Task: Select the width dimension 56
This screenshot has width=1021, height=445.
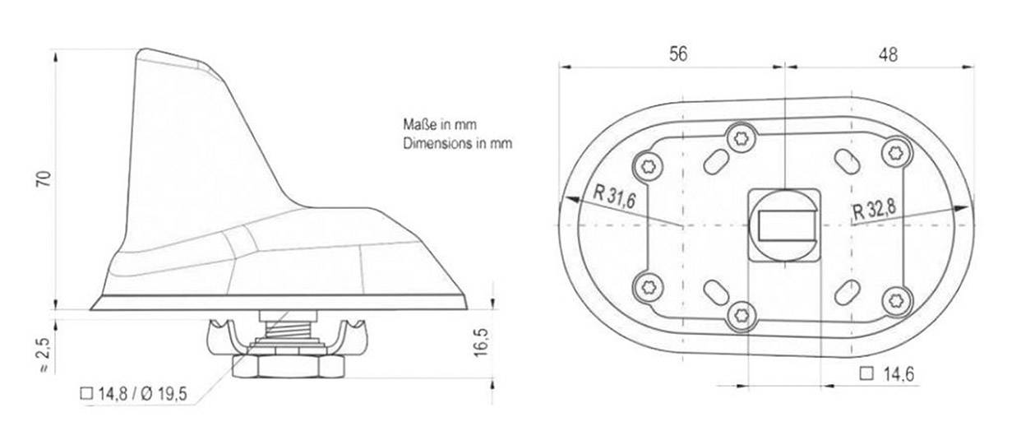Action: (x=678, y=54)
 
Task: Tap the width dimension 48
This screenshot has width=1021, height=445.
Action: (x=888, y=54)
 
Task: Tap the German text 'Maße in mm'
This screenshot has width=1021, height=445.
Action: (x=440, y=125)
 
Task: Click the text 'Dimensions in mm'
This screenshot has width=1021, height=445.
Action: (x=457, y=142)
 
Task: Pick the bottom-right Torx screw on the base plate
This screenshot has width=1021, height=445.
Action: (x=896, y=299)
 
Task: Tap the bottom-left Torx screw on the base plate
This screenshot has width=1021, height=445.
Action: (x=645, y=286)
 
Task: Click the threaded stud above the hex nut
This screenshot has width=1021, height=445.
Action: (x=283, y=334)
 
